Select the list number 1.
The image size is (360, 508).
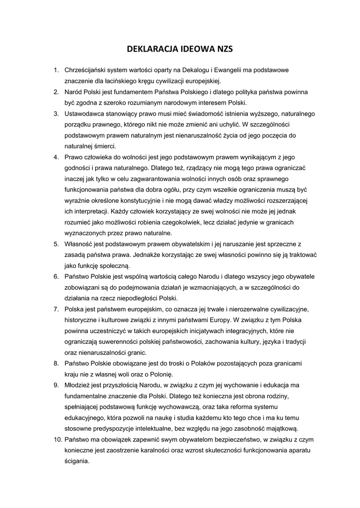[x=56, y=70]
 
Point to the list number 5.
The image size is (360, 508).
[x=56, y=244]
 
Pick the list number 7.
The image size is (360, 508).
[x=56, y=309]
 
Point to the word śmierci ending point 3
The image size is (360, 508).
[x=104, y=146]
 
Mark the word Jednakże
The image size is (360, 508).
[x=145, y=255]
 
